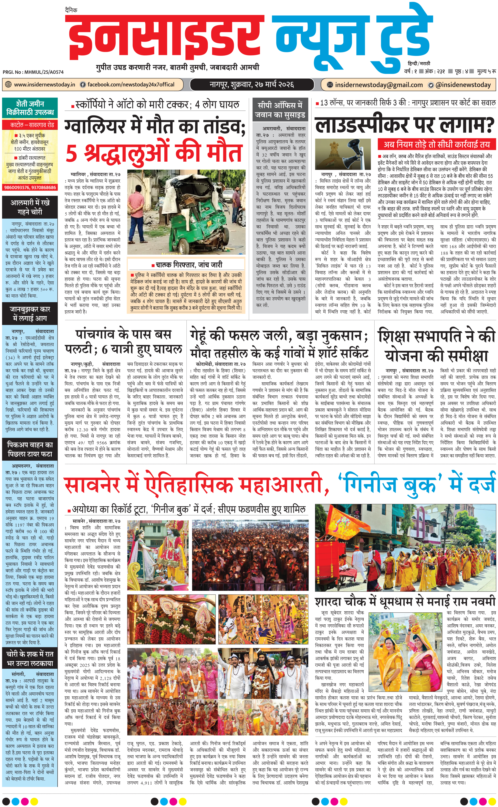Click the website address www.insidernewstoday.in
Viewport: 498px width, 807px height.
click(x=45, y=84)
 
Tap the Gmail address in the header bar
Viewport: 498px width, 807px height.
click(x=379, y=85)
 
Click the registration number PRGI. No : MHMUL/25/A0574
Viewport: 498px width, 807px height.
click(x=33, y=72)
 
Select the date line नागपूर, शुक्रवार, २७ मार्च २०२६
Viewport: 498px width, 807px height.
click(x=252, y=84)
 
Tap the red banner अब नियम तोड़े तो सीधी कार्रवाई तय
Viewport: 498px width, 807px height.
click(x=436, y=144)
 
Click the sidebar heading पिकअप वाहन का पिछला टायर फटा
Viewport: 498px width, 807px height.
click(x=30, y=449)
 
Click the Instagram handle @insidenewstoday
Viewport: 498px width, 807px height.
click(x=463, y=85)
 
